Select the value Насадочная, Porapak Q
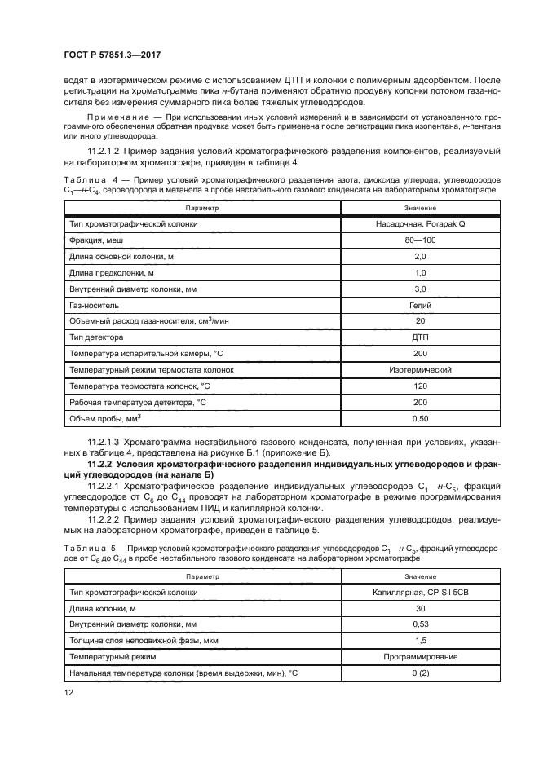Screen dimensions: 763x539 pos(419,223)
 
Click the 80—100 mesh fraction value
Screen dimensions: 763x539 pos(419,241)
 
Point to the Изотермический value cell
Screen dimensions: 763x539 pos(419,369)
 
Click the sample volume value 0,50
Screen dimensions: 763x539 pos(419,418)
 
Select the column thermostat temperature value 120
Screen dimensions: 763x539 pos(419,386)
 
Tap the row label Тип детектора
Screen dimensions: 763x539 pos(95,337)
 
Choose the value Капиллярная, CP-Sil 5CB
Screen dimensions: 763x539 pos(419,592)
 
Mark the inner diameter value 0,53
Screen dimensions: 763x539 pos(419,624)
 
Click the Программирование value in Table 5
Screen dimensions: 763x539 pos(419,656)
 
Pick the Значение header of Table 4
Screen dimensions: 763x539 pos(419,208)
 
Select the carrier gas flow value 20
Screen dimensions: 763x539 pos(419,320)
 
